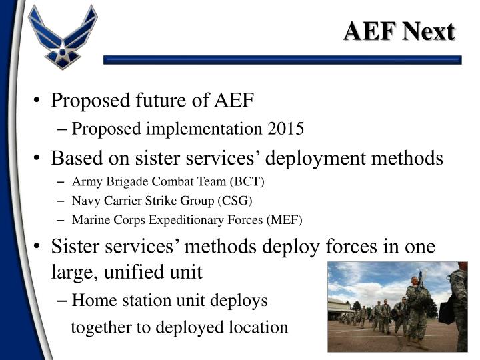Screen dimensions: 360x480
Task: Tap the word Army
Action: tap(85, 181)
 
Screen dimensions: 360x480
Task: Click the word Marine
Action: tap(90, 219)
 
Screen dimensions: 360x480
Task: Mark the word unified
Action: tap(129, 272)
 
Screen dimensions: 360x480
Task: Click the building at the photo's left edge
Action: tap(339, 308)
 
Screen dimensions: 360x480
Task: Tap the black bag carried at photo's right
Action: tap(446, 309)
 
